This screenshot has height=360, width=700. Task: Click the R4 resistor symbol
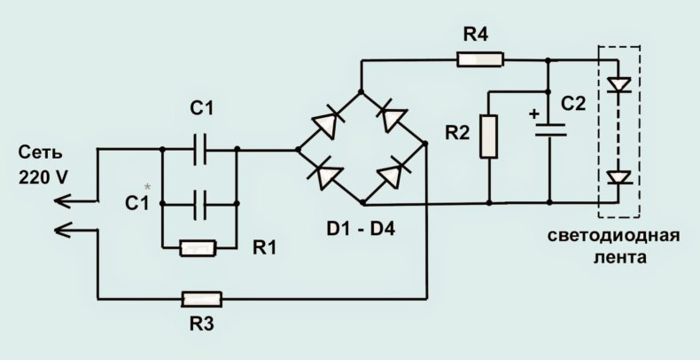pos(480,59)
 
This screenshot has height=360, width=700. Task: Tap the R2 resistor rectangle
pos(489,137)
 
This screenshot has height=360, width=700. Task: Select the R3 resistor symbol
pos(201,299)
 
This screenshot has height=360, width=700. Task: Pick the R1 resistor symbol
pos(198,248)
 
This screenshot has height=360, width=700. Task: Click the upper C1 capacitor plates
pos(200,150)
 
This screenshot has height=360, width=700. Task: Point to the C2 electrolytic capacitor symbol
pos(550,129)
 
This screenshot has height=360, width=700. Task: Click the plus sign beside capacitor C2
pos(534,113)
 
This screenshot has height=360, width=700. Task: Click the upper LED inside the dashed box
pos(618,85)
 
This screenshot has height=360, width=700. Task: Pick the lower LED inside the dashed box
pos(618,177)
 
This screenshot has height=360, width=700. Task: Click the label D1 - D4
pos(361,229)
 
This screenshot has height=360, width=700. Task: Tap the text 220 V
pos(43,177)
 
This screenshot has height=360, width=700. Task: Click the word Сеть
pos(40,153)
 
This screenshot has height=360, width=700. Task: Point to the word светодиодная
pos(614,235)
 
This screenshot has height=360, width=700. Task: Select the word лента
pos(619,258)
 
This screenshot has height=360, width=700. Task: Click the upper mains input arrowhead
pos(63,201)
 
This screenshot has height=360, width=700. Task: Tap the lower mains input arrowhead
pos(63,230)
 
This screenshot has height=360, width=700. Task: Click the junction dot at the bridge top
pos(361,92)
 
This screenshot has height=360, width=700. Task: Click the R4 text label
pos(476,34)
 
